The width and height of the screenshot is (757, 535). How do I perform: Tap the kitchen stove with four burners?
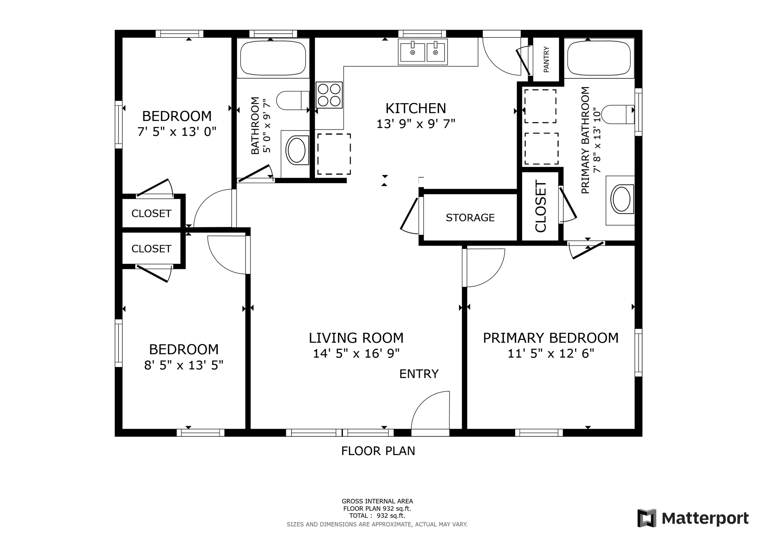pyautogui.click(x=329, y=95)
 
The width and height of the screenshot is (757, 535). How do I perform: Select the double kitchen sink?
pyautogui.click(x=423, y=52)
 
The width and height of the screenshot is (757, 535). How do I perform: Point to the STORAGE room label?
pyautogui.click(x=470, y=218)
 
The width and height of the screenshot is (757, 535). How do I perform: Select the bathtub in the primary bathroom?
pyautogui.click(x=599, y=58)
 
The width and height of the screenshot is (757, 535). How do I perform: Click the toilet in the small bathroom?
pyautogui.click(x=292, y=101)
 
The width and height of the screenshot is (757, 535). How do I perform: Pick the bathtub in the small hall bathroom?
pyautogui.click(x=273, y=58)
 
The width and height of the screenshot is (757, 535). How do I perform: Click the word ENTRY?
pyautogui.click(x=419, y=374)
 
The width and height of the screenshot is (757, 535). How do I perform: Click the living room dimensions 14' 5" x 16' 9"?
pyautogui.click(x=356, y=354)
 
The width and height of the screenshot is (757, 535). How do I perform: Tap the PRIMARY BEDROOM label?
pyautogui.click(x=551, y=338)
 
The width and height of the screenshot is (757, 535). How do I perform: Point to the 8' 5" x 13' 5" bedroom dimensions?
pyautogui.click(x=184, y=365)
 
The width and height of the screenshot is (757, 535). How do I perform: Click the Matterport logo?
pyautogui.click(x=692, y=518)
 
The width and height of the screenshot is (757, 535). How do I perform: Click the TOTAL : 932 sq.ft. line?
pyautogui.click(x=377, y=516)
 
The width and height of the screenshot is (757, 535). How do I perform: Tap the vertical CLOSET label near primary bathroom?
pyautogui.click(x=541, y=206)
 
